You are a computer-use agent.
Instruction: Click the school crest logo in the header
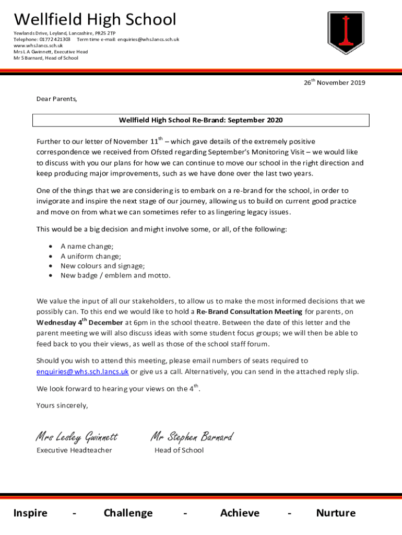(x=345, y=33)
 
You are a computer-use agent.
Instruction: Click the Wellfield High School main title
(x=95, y=20)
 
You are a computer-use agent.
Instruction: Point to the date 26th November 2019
(x=335, y=83)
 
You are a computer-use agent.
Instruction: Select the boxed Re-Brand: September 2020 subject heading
(x=201, y=120)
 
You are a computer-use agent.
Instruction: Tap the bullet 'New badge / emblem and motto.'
(x=115, y=275)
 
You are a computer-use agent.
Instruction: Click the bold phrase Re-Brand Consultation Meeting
(x=249, y=312)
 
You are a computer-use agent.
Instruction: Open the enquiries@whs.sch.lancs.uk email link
(x=82, y=372)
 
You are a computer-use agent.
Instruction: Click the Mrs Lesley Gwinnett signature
(x=77, y=436)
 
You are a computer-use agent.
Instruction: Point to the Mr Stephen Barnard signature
(x=192, y=436)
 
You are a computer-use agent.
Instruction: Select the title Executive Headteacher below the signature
(x=74, y=450)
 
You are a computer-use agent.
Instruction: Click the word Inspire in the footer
(x=30, y=513)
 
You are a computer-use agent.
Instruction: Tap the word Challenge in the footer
(x=128, y=513)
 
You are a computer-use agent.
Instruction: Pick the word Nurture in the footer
(x=336, y=513)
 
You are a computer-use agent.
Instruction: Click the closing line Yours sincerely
(x=62, y=405)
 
